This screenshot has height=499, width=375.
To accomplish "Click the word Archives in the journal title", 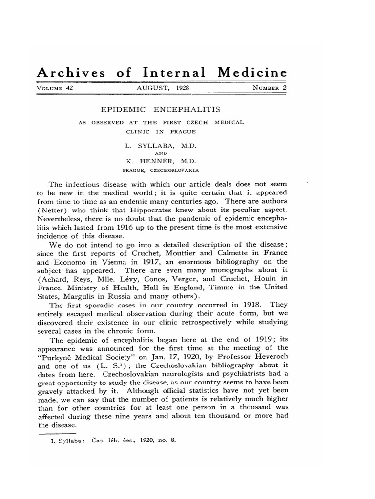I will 71,73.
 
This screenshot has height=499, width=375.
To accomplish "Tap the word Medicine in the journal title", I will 252,73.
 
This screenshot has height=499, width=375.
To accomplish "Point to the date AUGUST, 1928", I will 163,88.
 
